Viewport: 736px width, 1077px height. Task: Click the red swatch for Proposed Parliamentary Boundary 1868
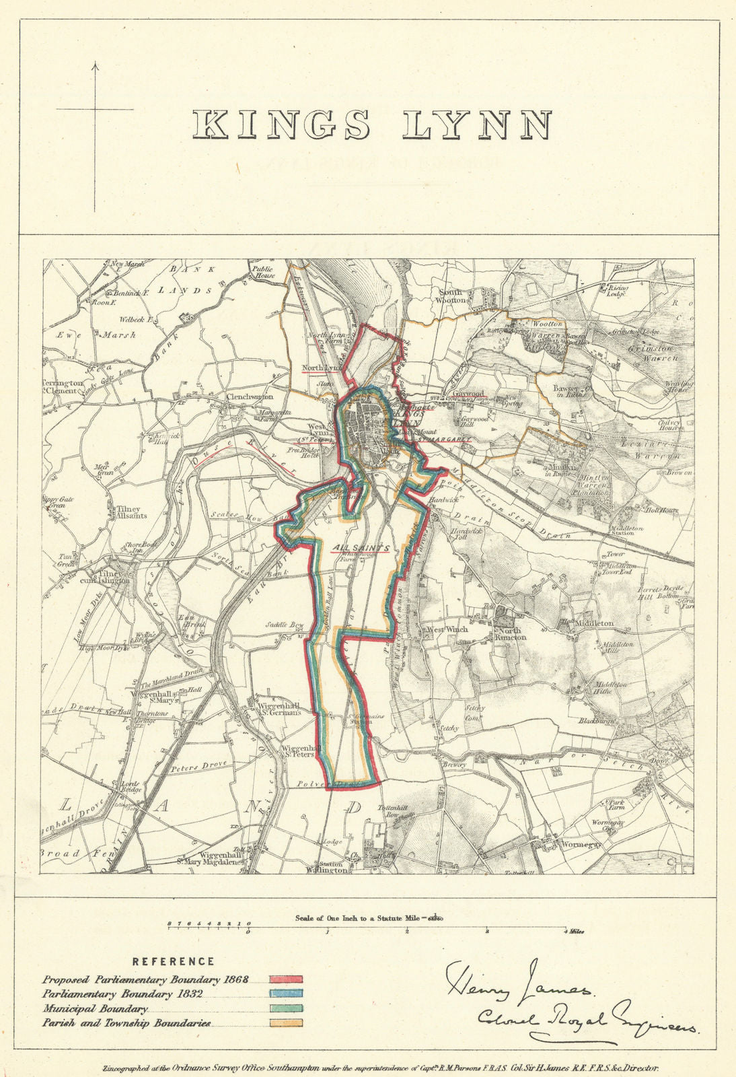pyautogui.click(x=286, y=979)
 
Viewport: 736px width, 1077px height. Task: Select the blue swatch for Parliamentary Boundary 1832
pyautogui.click(x=286, y=994)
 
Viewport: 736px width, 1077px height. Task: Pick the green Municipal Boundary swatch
pyautogui.click(x=286, y=1008)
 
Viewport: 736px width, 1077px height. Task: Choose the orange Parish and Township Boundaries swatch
pyautogui.click(x=286, y=1022)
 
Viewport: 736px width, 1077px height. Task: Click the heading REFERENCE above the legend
pyautogui.click(x=173, y=962)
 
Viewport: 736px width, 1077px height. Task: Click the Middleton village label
pyautogui.click(x=595, y=623)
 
